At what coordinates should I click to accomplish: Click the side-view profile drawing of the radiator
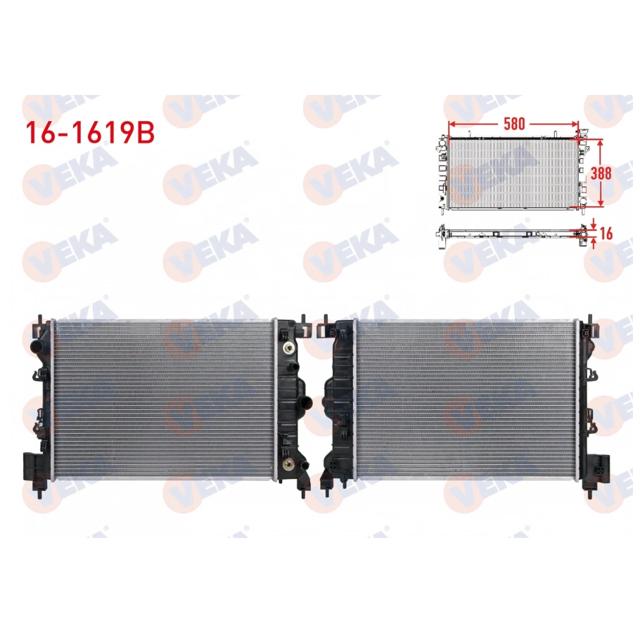tap(510, 233)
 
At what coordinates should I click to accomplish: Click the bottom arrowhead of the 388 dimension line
tap(601, 203)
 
